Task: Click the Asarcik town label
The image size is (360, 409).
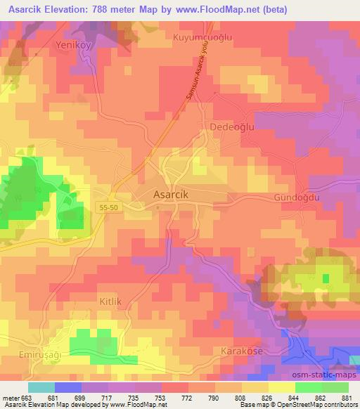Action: pyautogui.click(x=174, y=194)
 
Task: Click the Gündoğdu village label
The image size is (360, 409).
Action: pyautogui.click(x=297, y=199)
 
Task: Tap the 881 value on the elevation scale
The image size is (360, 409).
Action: pyautogui.click(x=347, y=398)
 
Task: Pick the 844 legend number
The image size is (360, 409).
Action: pyautogui.click(x=294, y=398)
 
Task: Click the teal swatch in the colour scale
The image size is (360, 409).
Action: pyautogui.click(x=41, y=387)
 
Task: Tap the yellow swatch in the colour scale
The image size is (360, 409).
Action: pyautogui.click(x=281, y=387)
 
